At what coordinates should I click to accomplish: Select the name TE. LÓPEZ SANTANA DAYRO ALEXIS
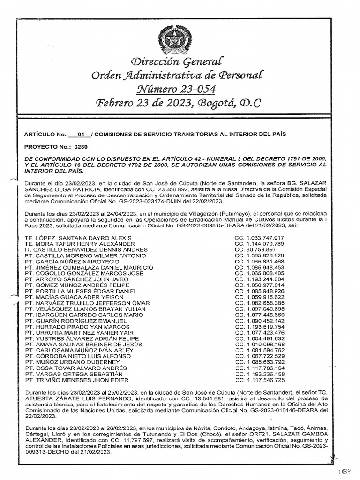(78, 238)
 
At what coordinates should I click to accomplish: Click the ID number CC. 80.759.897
(255, 250)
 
